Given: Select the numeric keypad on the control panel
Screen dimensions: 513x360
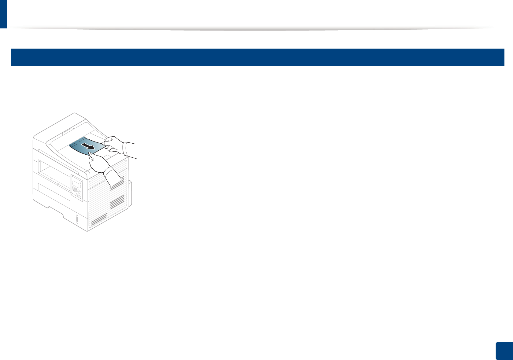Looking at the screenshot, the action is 75,190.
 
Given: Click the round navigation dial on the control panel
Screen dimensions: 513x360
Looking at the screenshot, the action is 79,193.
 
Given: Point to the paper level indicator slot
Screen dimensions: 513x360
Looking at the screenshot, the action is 76,219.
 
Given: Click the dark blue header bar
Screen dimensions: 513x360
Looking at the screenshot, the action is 257,57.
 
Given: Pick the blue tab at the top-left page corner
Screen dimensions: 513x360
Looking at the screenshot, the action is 3,14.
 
